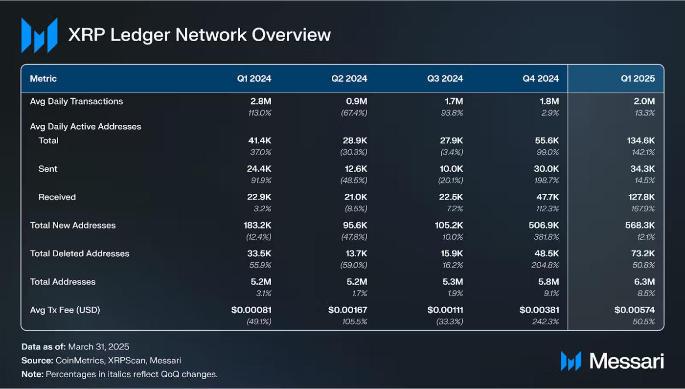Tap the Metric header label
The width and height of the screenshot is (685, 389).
44,79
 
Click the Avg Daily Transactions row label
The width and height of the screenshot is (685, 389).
76,102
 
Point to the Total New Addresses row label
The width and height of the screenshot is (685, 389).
73,226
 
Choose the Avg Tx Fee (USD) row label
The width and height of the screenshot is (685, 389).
65,310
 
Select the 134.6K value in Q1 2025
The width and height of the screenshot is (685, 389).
640,141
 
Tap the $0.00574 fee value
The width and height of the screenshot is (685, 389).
635,310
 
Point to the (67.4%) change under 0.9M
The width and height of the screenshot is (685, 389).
353,113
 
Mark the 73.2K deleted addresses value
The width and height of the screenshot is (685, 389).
643,253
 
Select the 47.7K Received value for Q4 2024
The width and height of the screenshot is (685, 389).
546,197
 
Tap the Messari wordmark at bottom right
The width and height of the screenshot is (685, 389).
627,361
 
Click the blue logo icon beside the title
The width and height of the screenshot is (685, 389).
39,35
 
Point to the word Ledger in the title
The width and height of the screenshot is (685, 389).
139,35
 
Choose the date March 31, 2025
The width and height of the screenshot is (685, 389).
98,347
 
